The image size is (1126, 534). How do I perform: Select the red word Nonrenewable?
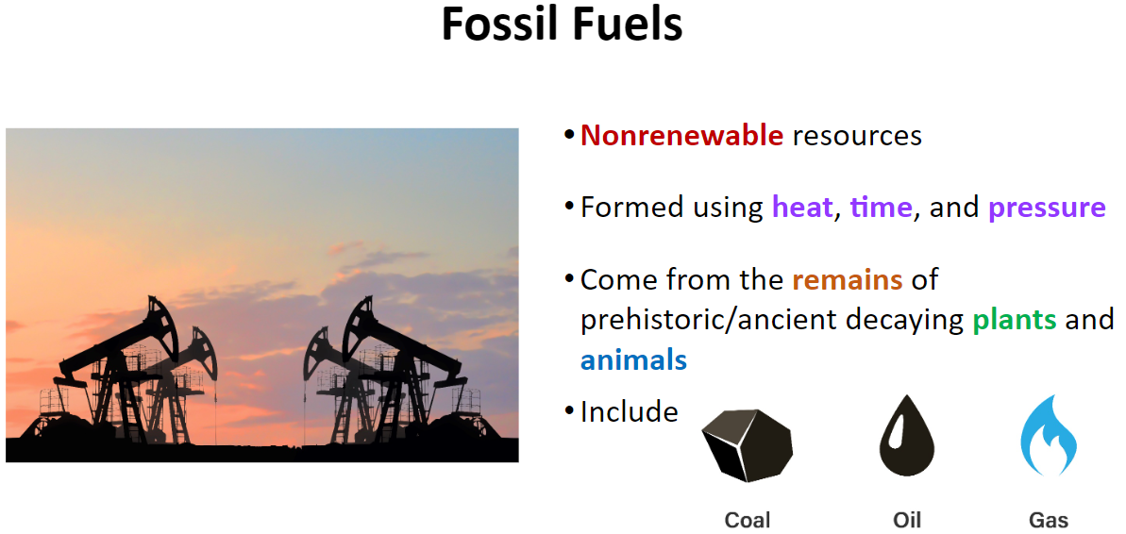[681, 135]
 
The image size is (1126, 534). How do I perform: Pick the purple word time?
[882, 208]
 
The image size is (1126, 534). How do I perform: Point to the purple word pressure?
[1047, 209]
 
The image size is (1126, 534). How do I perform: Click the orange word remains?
[848, 279]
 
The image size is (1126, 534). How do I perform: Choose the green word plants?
[1014, 320]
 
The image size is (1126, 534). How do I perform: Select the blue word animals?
[633, 359]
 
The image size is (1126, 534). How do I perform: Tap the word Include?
[629, 412]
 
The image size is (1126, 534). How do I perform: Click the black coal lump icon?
[748, 445]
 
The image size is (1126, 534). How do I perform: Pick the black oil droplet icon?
[907, 438]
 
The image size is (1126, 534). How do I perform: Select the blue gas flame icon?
[1049, 435]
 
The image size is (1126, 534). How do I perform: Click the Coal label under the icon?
[748, 520]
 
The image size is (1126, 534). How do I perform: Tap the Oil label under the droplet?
[907, 520]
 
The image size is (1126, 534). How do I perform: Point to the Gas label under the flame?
[1049, 520]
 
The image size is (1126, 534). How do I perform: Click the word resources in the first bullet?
[857, 137]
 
